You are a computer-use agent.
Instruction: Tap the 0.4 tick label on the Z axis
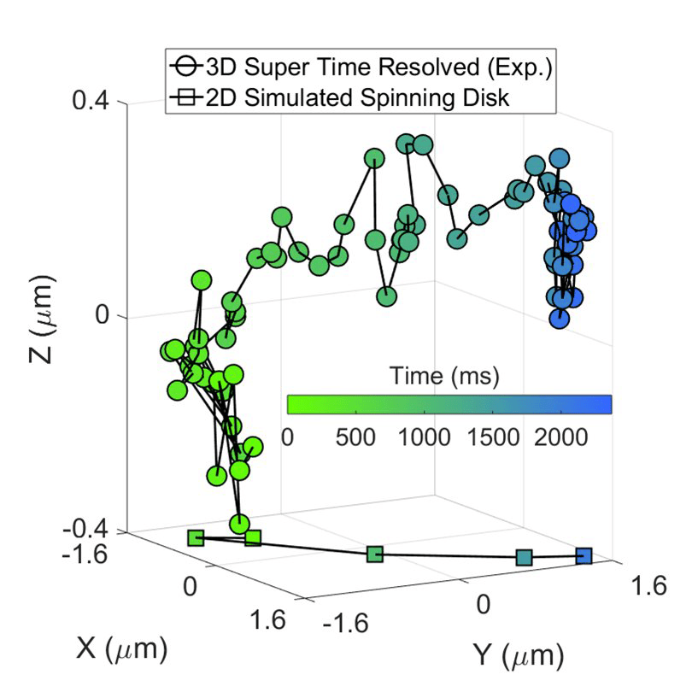(x=91, y=101)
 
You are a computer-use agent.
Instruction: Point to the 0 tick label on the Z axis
(x=103, y=315)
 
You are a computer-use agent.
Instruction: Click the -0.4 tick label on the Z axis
(x=85, y=530)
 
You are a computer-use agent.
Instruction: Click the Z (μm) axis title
(x=42, y=320)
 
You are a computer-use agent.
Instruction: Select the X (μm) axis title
(x=122, y=648)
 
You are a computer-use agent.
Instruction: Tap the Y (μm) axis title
(x=519, y=655)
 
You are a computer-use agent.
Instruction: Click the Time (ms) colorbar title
(x=444, y=377)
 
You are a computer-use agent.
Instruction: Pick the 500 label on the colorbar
(x=355, y=437)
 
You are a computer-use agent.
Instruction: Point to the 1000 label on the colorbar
(x=424, y=437)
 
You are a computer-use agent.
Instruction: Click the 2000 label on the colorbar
(x=561, y=437)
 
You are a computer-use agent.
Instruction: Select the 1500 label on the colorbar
(x=493, y=437)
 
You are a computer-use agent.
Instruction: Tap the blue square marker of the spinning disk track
(x=584, y=556)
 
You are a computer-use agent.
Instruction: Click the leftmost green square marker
(x=196, y=538)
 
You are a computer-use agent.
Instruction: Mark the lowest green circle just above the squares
(x=240, y=525)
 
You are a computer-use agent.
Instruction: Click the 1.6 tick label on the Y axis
(x=648, y=586)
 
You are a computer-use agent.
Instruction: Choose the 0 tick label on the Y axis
(x=484, y=604)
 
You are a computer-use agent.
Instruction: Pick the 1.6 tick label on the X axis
(x=267, y=619)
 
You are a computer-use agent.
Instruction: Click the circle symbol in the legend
(x=185, y=68)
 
